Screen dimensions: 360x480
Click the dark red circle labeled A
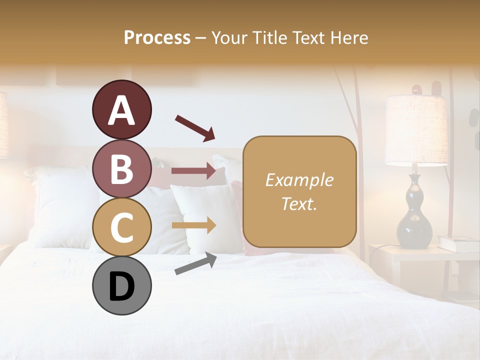click(121, 109)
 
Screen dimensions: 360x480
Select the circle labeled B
click(121, 168)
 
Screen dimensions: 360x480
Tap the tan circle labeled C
click(121, 227)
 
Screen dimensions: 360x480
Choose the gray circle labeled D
click(121, 285)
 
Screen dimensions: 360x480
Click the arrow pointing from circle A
click(195, 127)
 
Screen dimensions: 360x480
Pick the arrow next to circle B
click(193, 171)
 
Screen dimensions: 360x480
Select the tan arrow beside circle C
click(193, 225)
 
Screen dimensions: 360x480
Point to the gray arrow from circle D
click(195, 263)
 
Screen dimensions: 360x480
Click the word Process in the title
click(157, 37)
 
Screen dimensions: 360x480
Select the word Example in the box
click(299, 180)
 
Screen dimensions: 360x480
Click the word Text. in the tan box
click(299, 203)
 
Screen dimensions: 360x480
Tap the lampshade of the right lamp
click(416, 130)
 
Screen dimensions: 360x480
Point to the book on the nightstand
click(458, 244)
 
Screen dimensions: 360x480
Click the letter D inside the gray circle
click(121, 286)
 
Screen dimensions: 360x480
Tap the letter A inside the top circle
click(121, 110)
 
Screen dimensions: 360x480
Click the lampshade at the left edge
click(4, 125)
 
